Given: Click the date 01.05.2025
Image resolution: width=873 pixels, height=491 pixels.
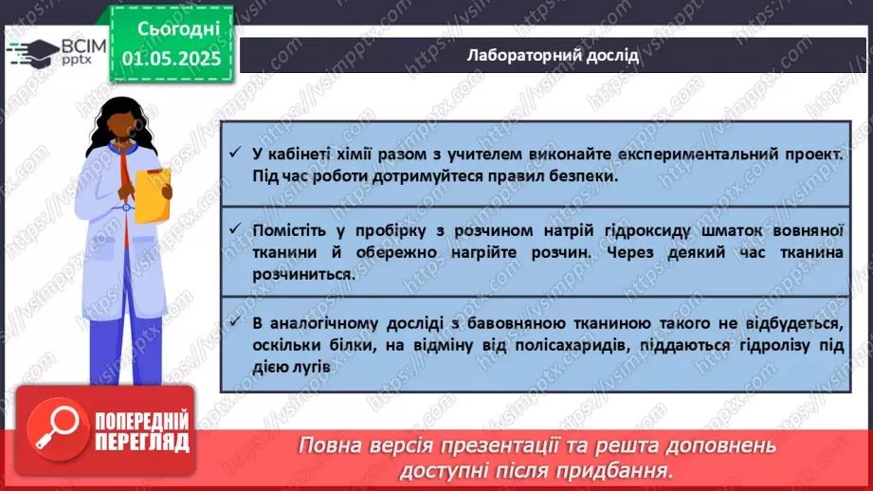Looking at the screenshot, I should [x=171, y=58].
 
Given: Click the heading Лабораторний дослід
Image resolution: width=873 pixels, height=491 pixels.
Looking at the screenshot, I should [x=553, y=54].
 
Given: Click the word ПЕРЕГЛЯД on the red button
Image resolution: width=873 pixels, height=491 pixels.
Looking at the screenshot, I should [x=140, y=443].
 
